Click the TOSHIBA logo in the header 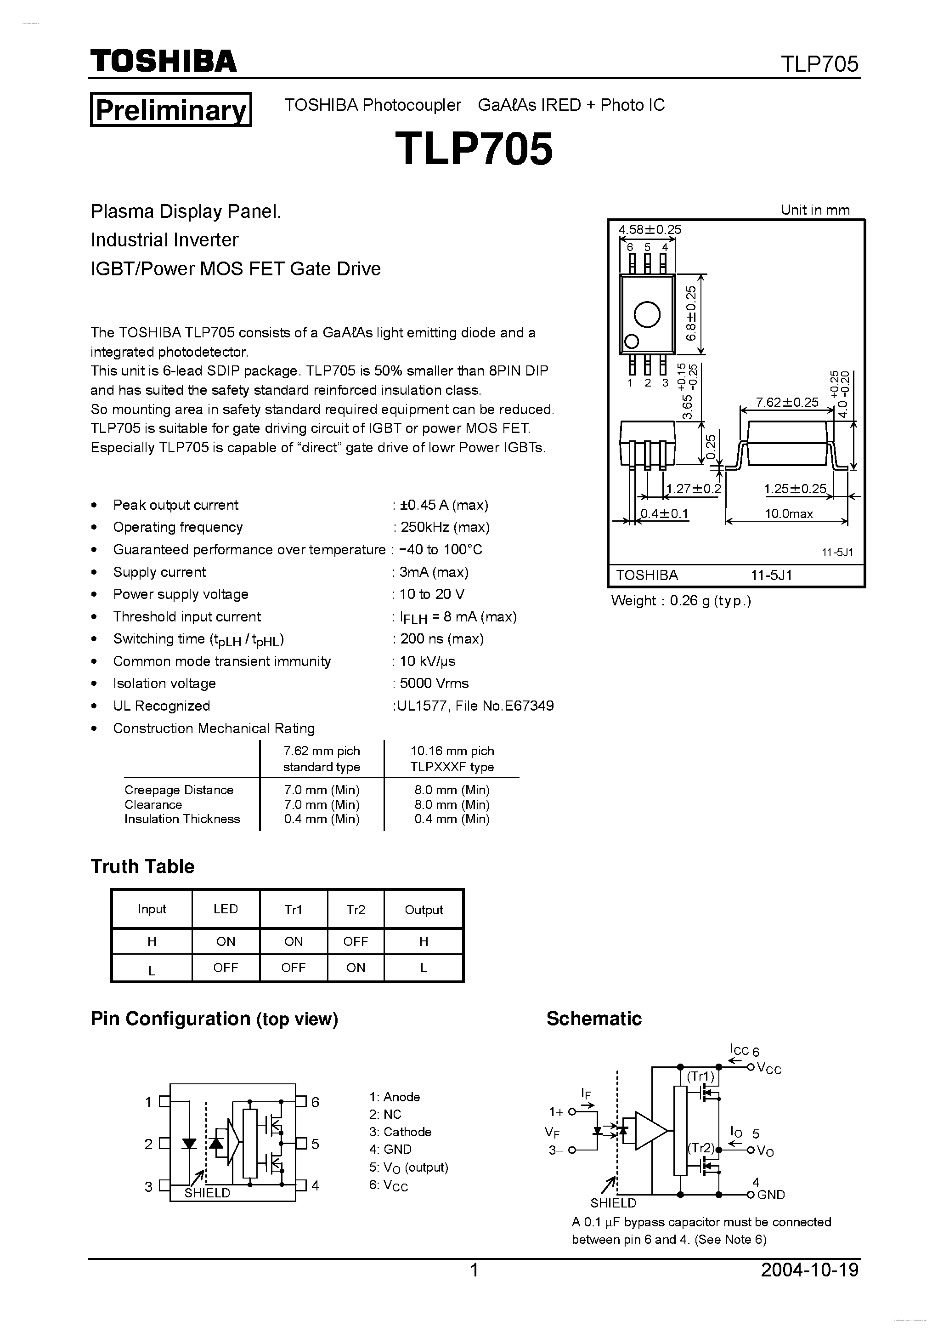(163, 61)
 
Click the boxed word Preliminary (171, 109)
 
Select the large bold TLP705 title (474, 149)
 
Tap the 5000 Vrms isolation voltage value (434, 683)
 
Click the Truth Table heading (142, 866)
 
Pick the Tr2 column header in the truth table (355, 909)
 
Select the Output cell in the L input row (423, 968)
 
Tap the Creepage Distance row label (178, 790)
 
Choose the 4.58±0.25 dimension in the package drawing (650, 229)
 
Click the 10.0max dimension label (789, 514)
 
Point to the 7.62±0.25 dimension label (787, 402)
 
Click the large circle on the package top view (647, 314)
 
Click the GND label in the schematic (771, 1195)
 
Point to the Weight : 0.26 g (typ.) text (680, 601)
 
